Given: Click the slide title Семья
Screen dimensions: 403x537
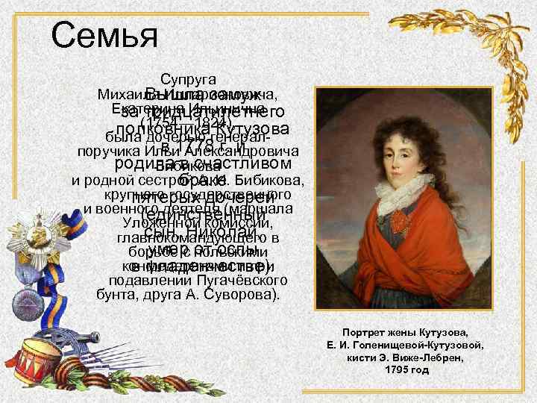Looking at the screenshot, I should [x=104, y=34].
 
